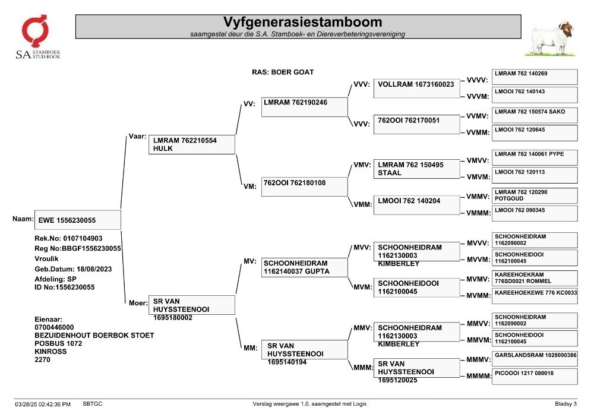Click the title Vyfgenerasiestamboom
(302, 22)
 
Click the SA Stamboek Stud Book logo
(37, 37)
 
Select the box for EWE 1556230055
(78, 220)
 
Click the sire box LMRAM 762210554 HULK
(192, 144)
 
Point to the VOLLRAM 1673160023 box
(417, 89)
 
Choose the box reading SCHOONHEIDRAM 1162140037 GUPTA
(305, 267)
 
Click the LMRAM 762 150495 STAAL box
(417, 169)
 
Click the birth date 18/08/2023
(94, 269)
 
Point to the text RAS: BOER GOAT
(283, 72)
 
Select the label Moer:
(138, 303)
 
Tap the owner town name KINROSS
(50, 352)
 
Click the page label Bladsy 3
(565, 404)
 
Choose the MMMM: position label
(478, 376)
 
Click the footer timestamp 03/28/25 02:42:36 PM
(43, 405)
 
